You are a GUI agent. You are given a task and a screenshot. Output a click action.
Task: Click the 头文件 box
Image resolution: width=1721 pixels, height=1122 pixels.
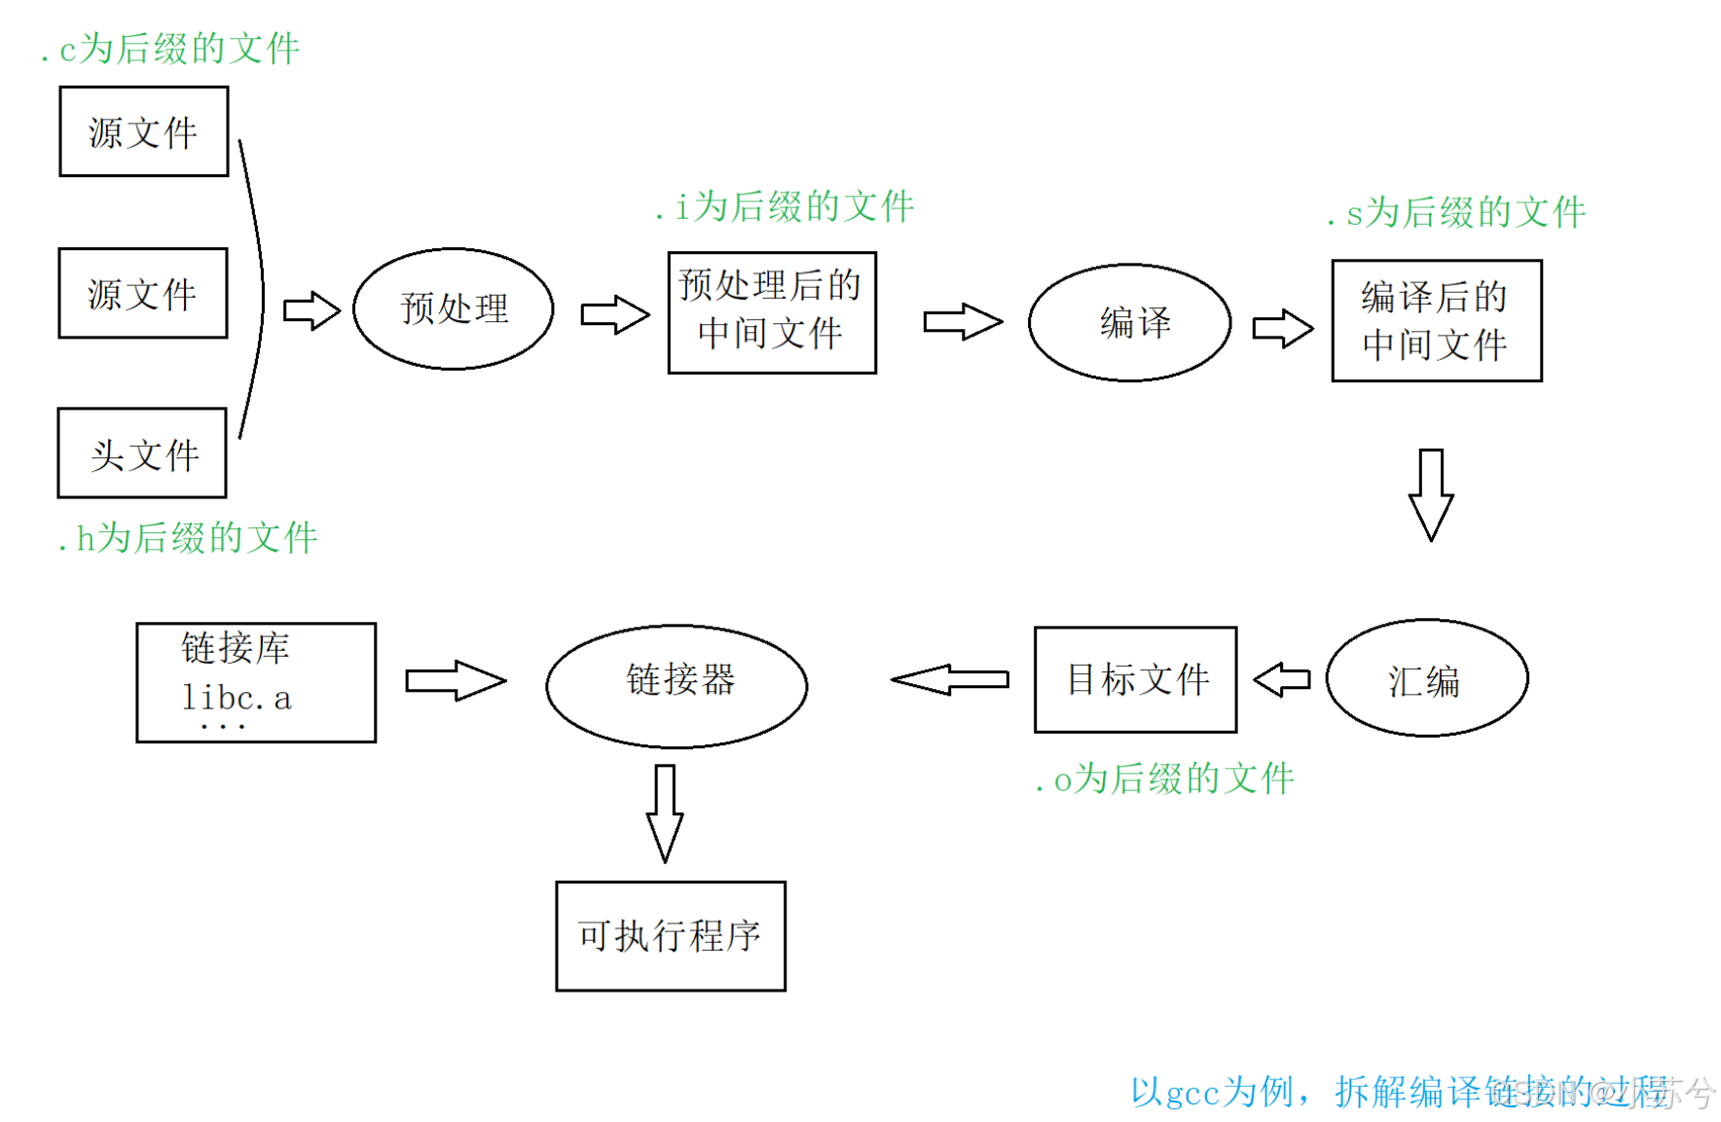(x=142, y=453)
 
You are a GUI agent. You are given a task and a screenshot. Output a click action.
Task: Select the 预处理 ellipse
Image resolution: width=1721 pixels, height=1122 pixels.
(x=454, y=308)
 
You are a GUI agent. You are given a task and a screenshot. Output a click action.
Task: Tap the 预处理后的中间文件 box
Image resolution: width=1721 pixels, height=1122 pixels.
(x=772, y=312)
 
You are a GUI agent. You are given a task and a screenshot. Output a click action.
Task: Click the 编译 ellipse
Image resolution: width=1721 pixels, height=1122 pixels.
(x=1129, y=322)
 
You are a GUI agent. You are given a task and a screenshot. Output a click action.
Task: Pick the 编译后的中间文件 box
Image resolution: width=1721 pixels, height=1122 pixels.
(x=1436, y=320)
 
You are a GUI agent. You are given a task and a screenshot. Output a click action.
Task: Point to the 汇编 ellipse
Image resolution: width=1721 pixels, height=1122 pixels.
(x=1426, y=678)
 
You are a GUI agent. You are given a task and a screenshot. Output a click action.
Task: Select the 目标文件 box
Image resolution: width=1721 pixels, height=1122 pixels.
(x=1135, y=679)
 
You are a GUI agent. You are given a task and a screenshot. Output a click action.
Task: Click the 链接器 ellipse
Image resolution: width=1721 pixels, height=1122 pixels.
(x=677, y=685)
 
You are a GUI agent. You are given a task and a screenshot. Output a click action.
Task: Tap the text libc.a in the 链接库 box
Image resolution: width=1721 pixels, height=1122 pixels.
(x=237, y=698)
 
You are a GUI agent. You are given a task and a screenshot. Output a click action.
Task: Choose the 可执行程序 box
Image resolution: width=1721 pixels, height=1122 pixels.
(x=671, y=936)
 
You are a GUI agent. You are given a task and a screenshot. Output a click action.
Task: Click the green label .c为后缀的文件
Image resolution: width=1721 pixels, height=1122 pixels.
(x=170, y=49)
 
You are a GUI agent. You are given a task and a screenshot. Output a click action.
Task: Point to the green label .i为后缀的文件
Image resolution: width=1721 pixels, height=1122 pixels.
(x=786, y=206)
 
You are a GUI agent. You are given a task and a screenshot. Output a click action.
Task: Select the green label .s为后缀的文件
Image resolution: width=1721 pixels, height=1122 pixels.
(x=1457, y=212)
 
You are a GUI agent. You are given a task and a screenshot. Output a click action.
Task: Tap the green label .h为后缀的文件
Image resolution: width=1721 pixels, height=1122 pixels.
(x=188, y=537)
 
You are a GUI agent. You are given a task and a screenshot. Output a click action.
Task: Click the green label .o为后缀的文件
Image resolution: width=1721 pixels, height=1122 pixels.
(x=1165, y=778)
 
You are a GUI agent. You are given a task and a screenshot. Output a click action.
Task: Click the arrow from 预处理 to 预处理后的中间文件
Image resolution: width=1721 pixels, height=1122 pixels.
(x=614, y=314)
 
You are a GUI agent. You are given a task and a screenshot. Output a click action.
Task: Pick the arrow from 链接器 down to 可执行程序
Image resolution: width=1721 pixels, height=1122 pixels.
(x=665, y=813)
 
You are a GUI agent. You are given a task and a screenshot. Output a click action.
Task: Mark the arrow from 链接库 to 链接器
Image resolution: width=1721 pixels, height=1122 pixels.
(x=456, y=680)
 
